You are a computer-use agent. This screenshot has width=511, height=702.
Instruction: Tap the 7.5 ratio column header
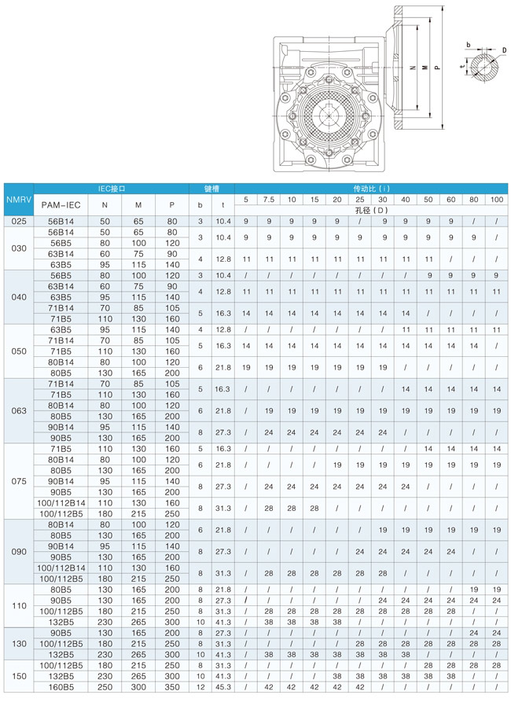click(269, 200)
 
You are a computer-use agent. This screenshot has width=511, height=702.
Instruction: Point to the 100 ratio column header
click(497, 200)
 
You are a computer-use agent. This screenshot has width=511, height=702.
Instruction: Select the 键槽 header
click(211, 189)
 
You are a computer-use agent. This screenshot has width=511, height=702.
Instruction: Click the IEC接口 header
click(112, 189)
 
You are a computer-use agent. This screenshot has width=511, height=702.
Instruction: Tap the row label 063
click(17, 410)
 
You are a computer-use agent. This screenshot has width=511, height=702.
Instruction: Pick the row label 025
click(17, 222)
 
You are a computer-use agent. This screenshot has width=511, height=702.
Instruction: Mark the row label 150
click(17, 675)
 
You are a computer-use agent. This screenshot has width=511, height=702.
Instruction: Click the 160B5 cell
click(61, 686)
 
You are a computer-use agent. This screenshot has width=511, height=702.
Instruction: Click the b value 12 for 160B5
click(200, 686)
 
